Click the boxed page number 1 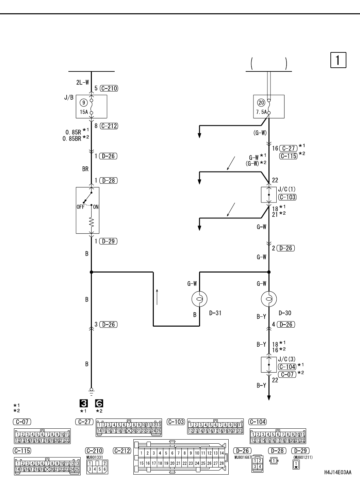(338, 60)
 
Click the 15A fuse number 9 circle (84, 102)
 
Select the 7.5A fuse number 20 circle (261, 102)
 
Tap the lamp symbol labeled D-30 (269, 299)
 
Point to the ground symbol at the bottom (91, 390)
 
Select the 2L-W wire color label (83, 82)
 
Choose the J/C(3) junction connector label (287, 359)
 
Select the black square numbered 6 (99, 404)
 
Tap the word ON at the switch (96, 207)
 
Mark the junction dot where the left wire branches (91, 272)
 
